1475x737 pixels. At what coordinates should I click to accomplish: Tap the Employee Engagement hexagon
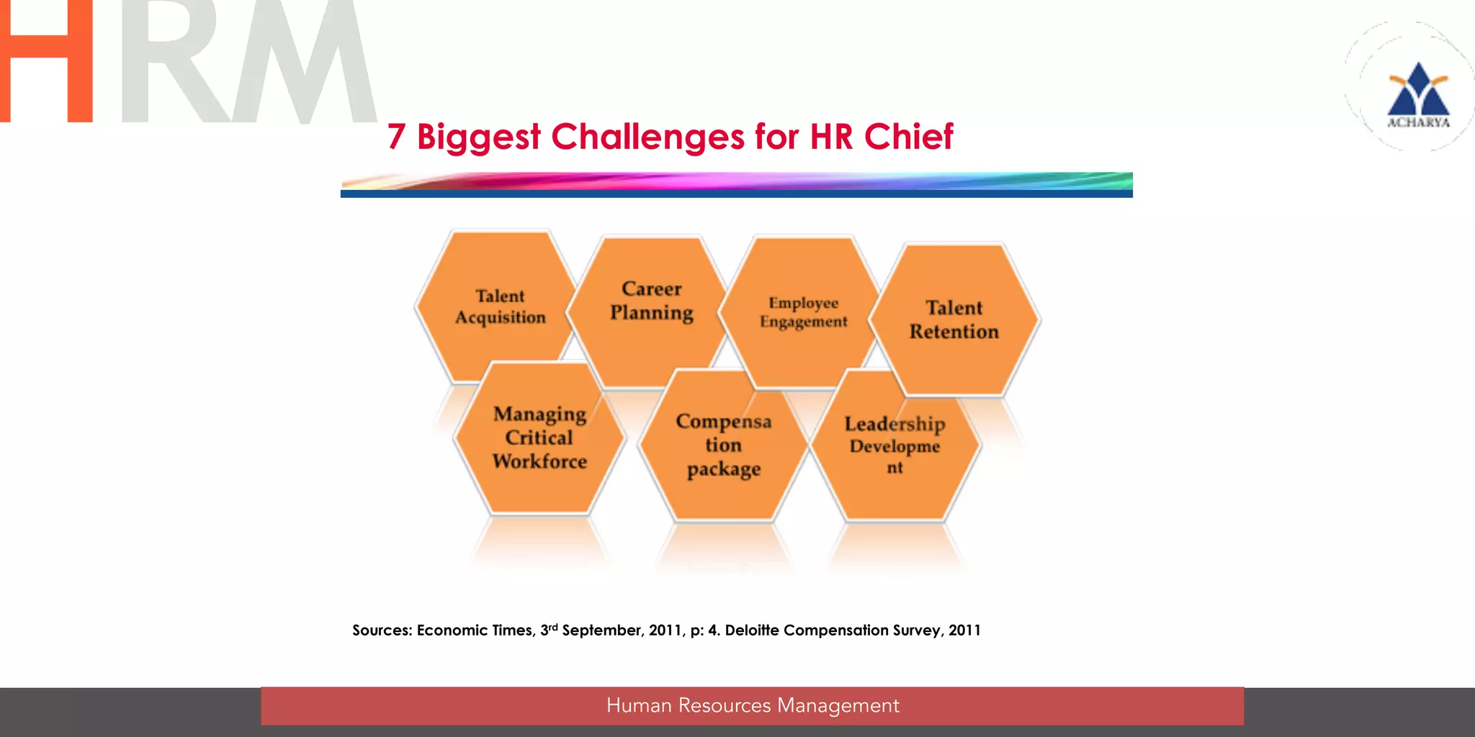(x=803, y=312)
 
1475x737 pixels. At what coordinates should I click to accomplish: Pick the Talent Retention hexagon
(x=954, y=320)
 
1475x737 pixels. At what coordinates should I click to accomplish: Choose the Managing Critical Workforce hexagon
(x=539, y=438)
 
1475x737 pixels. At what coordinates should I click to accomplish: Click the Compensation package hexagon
(x=723, y=445)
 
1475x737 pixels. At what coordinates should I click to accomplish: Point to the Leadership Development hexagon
(x=895, y=445)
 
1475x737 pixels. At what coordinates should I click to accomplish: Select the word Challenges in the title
(x=647, y=137)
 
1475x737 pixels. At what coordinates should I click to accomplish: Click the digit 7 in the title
(x=396, y=137)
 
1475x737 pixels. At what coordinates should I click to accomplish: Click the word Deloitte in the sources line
(x=751, y=630)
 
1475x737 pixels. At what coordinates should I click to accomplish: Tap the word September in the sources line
(x=602, y=630)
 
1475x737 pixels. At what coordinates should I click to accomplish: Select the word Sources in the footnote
(x=382, y=630)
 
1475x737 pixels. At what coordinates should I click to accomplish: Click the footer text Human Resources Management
(x=753, y=705)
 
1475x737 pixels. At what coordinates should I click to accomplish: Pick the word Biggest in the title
(x=478, y=137)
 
